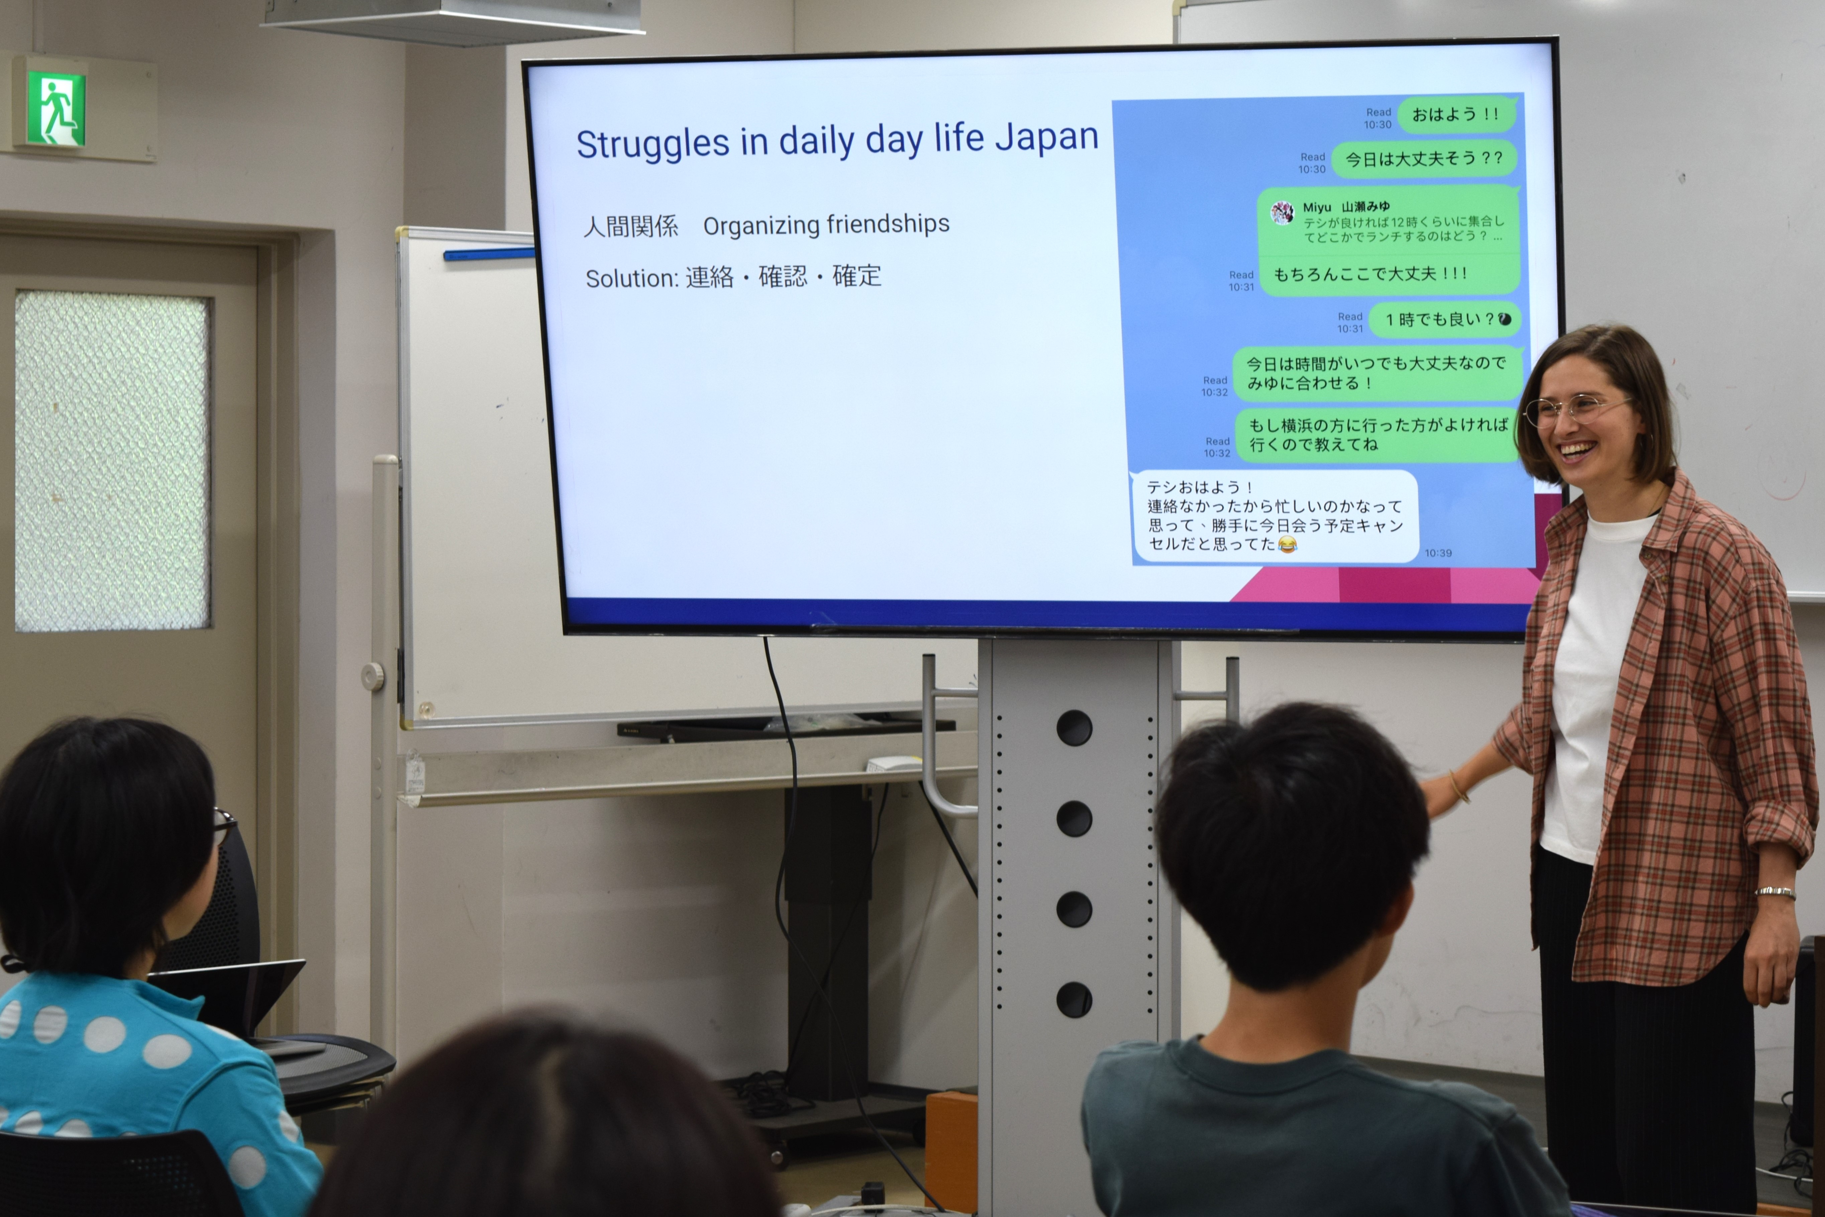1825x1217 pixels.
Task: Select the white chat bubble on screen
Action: (1274, 516)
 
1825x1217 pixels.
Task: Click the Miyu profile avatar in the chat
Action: (1282, 212)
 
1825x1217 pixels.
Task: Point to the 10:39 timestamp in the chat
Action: (1438, 553)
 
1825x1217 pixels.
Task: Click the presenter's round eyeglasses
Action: (1575, 410)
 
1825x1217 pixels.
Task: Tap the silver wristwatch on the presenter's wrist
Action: (1776, 892)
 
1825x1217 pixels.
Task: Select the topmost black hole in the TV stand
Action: (1074, 728)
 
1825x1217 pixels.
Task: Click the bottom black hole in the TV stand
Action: (1074, 1000)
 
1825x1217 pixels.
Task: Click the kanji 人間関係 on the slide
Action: (631, 226)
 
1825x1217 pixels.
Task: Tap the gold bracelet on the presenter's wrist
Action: (1459, 787)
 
